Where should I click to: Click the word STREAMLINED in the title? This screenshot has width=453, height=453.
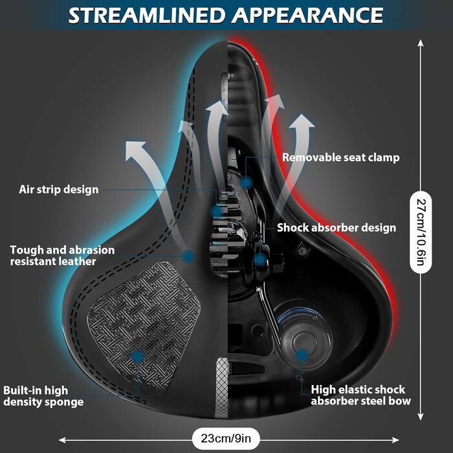click(x=146, y=16)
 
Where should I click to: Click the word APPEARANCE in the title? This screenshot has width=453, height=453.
click(x=307, y=16)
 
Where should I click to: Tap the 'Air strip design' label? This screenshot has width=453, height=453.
click(x=59, y=190)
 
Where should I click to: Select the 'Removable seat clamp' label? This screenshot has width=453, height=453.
click(x=341, y=157)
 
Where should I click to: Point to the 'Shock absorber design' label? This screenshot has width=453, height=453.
click(x=337, y=228)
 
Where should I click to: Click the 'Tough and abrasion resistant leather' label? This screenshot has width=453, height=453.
click(x=62, y=256)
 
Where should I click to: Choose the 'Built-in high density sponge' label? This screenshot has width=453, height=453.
click(x=43, y=396)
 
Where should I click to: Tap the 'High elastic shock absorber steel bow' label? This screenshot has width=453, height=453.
click(x=361, y=395)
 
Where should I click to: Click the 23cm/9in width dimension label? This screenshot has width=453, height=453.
click(x=226, y=438)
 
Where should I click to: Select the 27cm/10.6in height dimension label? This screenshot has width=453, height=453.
click(x=421, y=232)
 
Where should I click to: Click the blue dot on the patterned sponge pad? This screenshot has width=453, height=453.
click(x=138, y=357)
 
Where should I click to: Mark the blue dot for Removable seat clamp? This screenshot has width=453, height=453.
click(x=246, y=182)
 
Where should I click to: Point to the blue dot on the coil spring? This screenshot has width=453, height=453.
click(x=302, y=355)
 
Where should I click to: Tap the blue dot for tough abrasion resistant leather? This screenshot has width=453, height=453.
click(x=188, y=256)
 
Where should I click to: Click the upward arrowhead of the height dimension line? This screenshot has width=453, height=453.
click(x=421, y=43)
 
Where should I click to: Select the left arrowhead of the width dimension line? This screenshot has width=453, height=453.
click(x=62, y=440)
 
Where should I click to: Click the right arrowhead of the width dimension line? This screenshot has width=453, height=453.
click(x=395, y=440)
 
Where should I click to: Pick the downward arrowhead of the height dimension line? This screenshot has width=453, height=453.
click(x=421, y=417)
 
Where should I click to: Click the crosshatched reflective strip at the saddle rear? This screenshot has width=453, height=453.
click(x=222, y=388)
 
